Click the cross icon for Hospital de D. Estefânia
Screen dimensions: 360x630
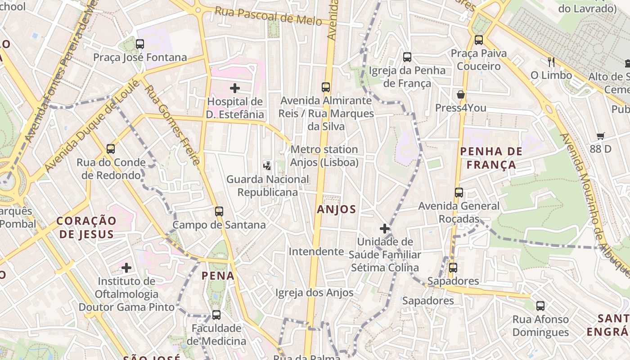(x=234, y=88)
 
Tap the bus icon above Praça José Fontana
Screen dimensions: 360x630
(x=140, y=44)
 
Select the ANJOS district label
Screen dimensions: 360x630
(x=336, y=209)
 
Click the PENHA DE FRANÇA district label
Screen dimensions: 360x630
(x=491, y=158)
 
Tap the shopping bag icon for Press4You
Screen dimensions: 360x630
(x=460, y=94)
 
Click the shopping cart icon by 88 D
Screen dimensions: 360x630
(x=600, y=136)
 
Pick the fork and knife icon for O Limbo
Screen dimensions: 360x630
(x=551, y=62)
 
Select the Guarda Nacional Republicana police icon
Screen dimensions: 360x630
(x=267, y=166)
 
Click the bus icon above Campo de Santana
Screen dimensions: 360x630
(x=219, y=211)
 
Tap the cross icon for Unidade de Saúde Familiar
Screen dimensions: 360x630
(x=384, y=229)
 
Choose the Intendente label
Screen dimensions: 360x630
(x=316, y=251)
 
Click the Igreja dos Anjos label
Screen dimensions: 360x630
(x=314, y=293)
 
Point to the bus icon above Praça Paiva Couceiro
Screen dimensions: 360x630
(x=478, y=40)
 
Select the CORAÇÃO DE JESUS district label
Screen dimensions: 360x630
(x=86, y=227)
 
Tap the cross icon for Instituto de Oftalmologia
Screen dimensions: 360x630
(x=126, y=268)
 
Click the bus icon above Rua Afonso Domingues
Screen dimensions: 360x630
(x=540, y=306)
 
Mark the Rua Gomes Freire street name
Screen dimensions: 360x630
(x=172, y=125)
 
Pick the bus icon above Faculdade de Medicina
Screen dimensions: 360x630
(x=216, y=315)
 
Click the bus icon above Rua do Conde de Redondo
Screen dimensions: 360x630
(x=111, y=149)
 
